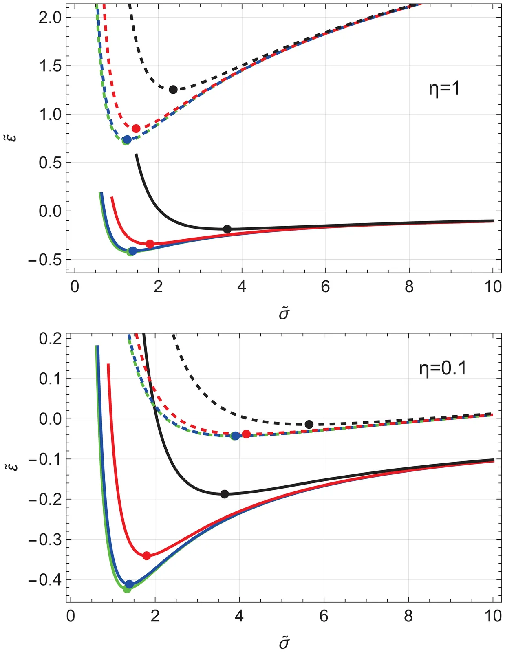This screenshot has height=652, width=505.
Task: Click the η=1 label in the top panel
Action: (x=444, y=88)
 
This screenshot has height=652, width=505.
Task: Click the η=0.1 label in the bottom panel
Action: (x=443, y=368)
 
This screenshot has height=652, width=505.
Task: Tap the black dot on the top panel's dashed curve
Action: (x=173, y=90)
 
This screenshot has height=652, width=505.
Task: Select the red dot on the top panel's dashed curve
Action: (x=136, y=128)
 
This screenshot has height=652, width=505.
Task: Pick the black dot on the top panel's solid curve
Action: (x=227, y=229)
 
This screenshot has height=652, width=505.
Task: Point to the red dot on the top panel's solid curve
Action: (x=150, y=244)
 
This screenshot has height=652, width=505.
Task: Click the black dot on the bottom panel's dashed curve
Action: (x=309, y=424)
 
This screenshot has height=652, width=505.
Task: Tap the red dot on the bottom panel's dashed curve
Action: (x=246, y=434)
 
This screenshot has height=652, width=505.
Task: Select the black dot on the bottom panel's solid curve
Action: (x=225, y=494)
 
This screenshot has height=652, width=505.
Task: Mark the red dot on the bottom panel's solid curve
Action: (x=147, y=555)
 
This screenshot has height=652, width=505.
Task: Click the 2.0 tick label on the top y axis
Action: (x=50, y=18)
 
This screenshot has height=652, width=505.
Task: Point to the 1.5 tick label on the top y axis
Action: (x=50, y=66)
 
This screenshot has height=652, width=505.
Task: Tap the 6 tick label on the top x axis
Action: (x=325, y=287)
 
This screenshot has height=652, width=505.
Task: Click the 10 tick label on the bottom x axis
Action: (x=493, y=616)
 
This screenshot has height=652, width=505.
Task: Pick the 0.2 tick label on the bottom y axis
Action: (x=50, y=339)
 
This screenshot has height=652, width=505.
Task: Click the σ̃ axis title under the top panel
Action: (x=284, y=314)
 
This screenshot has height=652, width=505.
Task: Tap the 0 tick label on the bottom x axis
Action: (x=71, y=616)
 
